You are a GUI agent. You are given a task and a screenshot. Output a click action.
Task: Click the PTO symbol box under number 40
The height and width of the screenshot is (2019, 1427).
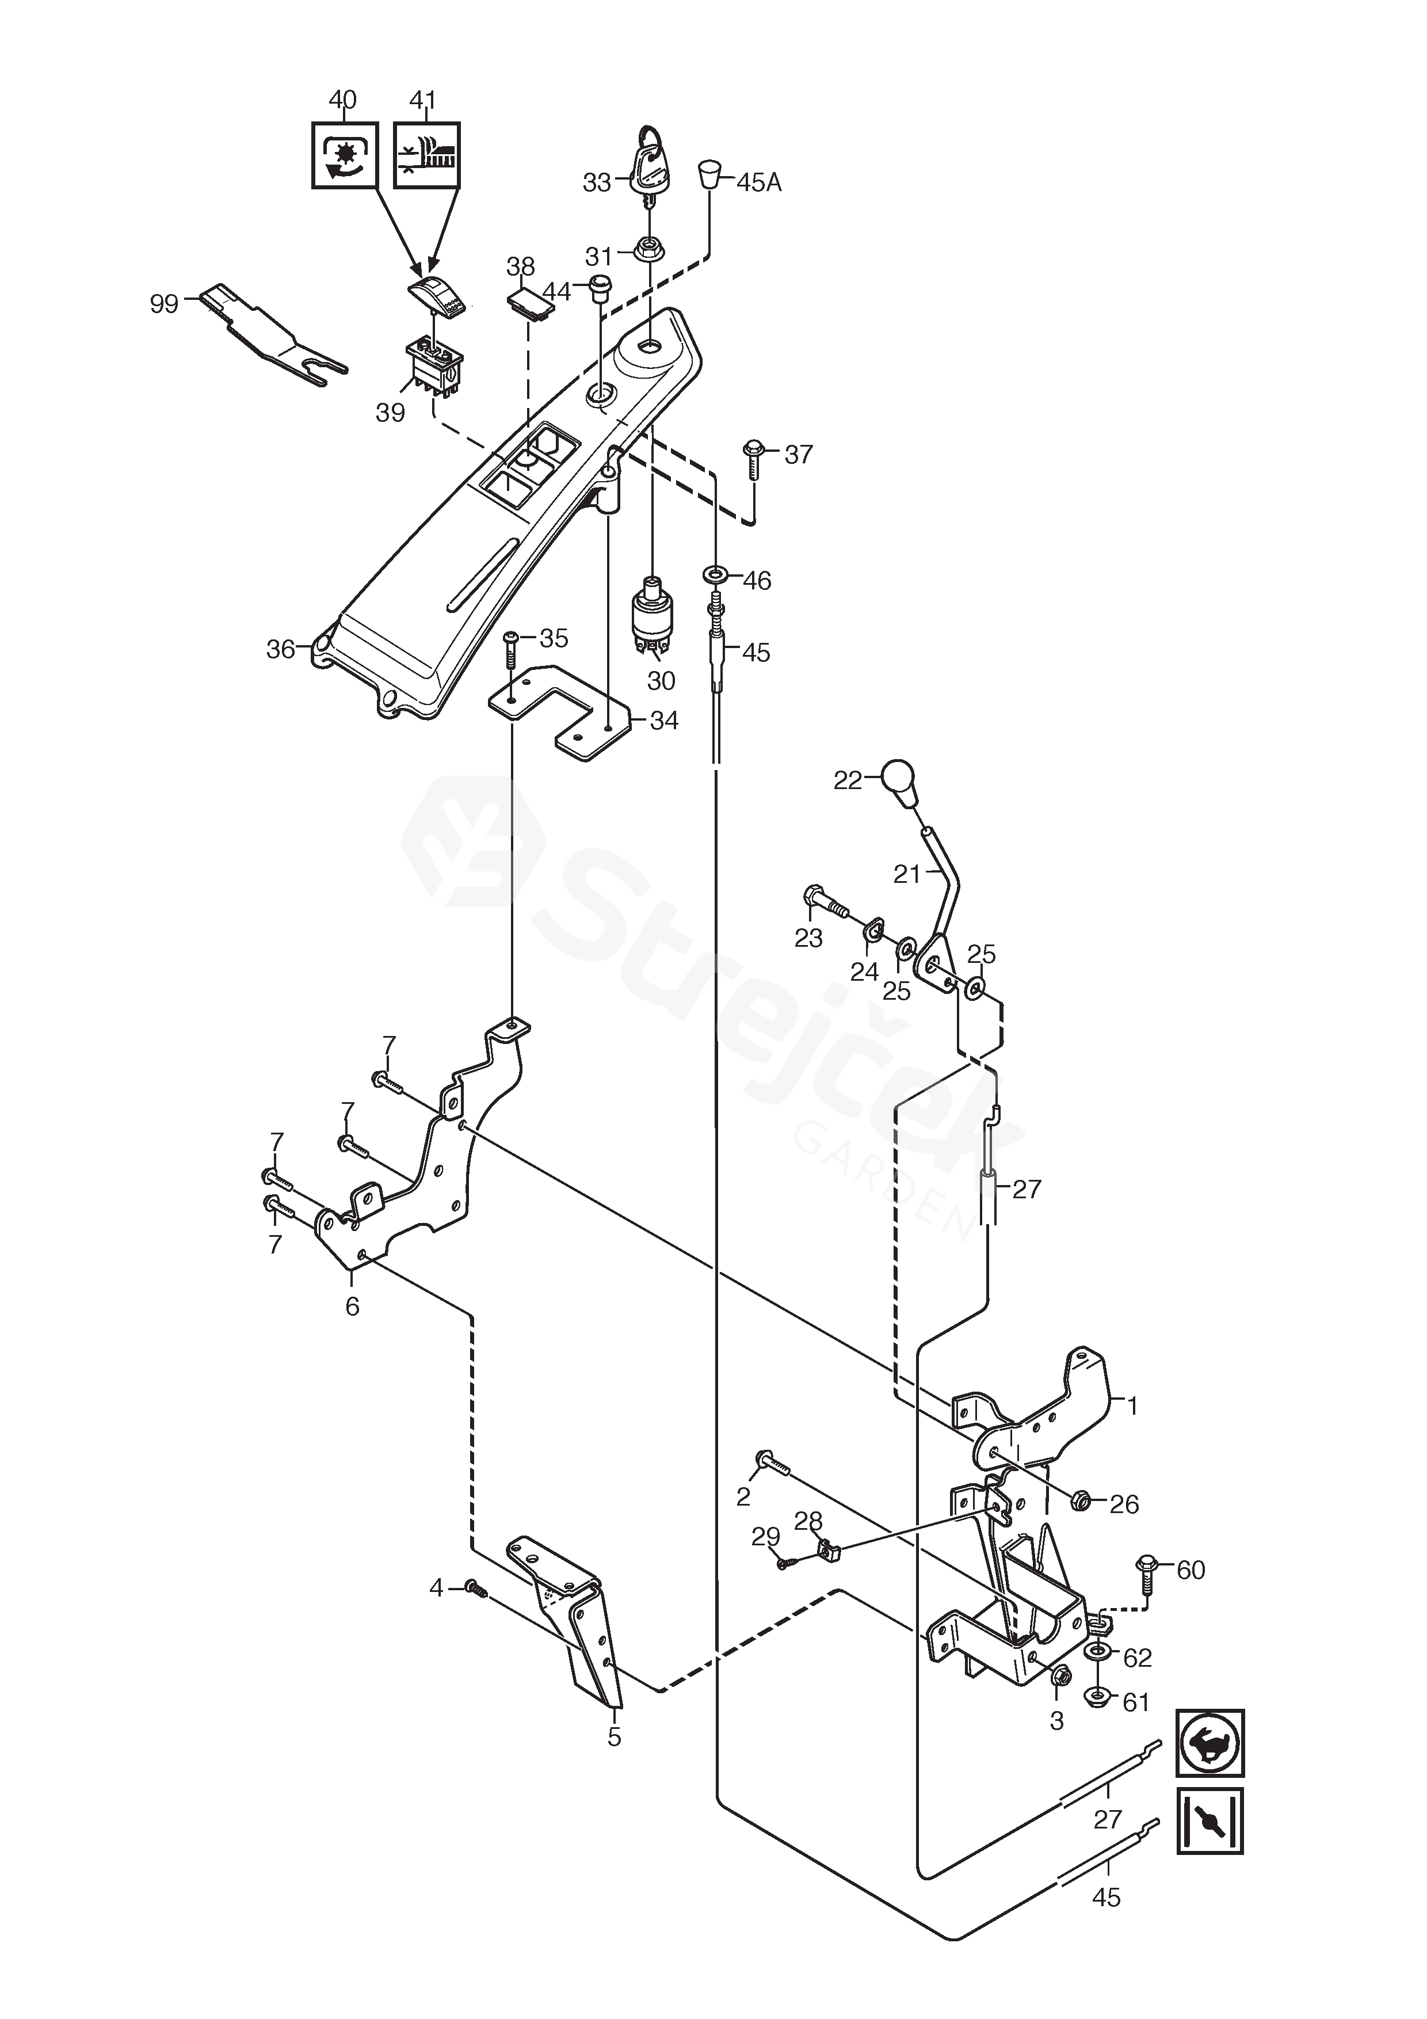[x=345, y=155]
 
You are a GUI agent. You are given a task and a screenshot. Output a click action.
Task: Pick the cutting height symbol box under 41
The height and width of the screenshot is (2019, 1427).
[x=426, y=155]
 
